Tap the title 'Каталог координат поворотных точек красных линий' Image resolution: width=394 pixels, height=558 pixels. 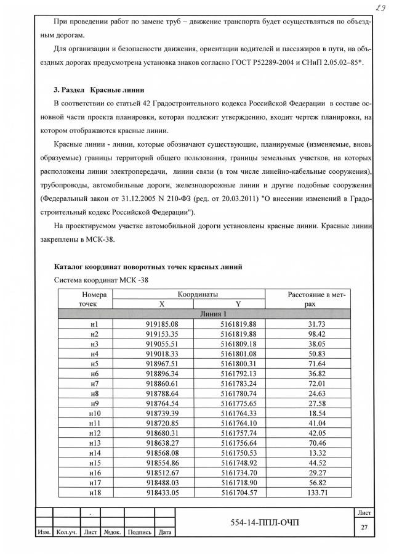click(148, 266)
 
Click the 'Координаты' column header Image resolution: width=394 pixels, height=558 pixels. click(198, 295)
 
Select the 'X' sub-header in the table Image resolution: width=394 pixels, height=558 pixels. click(162, 305)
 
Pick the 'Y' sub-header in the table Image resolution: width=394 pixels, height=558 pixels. click(238, 305)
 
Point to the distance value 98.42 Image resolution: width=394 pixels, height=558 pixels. click(317, 334)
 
